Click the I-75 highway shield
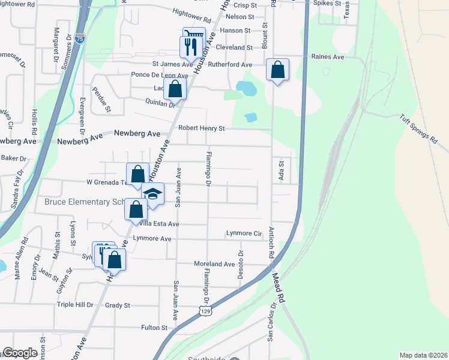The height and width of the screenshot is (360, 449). (x=80, y=38)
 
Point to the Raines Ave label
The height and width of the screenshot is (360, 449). (x=328, y=57)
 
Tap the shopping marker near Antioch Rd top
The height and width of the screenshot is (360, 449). (x=278, y=70)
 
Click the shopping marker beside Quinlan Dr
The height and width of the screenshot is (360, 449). (x=175, y=90)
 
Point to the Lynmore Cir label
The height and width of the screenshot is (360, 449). (x=244, y=233)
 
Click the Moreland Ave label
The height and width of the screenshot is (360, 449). (x=214, y=264)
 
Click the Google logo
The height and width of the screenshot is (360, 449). (x=20, y=353)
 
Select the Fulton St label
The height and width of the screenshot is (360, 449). (x=154, y=328)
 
